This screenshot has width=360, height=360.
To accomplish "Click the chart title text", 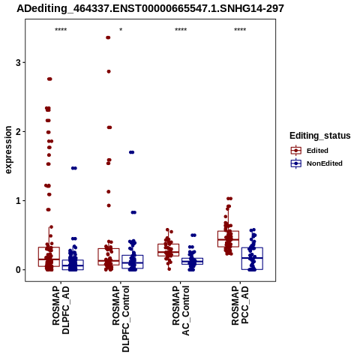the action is click(150, 9).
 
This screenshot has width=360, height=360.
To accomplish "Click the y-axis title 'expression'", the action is click(8, 150).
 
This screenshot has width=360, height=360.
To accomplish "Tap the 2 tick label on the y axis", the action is click(18, 131).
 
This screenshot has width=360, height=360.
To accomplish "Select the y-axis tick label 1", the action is click(18, 201).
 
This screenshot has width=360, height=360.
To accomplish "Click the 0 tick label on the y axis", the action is click(18, 270).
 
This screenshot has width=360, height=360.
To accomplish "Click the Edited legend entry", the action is click(317, 151).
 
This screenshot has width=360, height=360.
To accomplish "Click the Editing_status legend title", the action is click(320, 136).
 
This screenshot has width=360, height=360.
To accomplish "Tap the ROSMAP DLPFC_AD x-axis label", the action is click(61, 310).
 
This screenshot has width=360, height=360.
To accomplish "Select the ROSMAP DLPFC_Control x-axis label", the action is click(121, 319).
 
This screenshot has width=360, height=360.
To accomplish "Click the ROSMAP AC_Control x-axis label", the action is click(181, 310).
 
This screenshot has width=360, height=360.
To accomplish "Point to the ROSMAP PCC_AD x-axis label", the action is click(240, 305).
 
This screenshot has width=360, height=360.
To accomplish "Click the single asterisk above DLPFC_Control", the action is click(121, 30).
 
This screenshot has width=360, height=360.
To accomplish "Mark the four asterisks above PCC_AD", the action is click(240, 30).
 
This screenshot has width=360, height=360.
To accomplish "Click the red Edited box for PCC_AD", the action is click(228, 239).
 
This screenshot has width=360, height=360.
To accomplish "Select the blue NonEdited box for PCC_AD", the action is click(252, 259).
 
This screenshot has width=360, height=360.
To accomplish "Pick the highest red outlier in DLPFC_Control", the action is click(108, 37).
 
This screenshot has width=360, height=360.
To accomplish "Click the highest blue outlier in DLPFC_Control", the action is click(132, 152).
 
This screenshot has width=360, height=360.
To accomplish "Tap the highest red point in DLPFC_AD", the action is click(49, 79).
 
